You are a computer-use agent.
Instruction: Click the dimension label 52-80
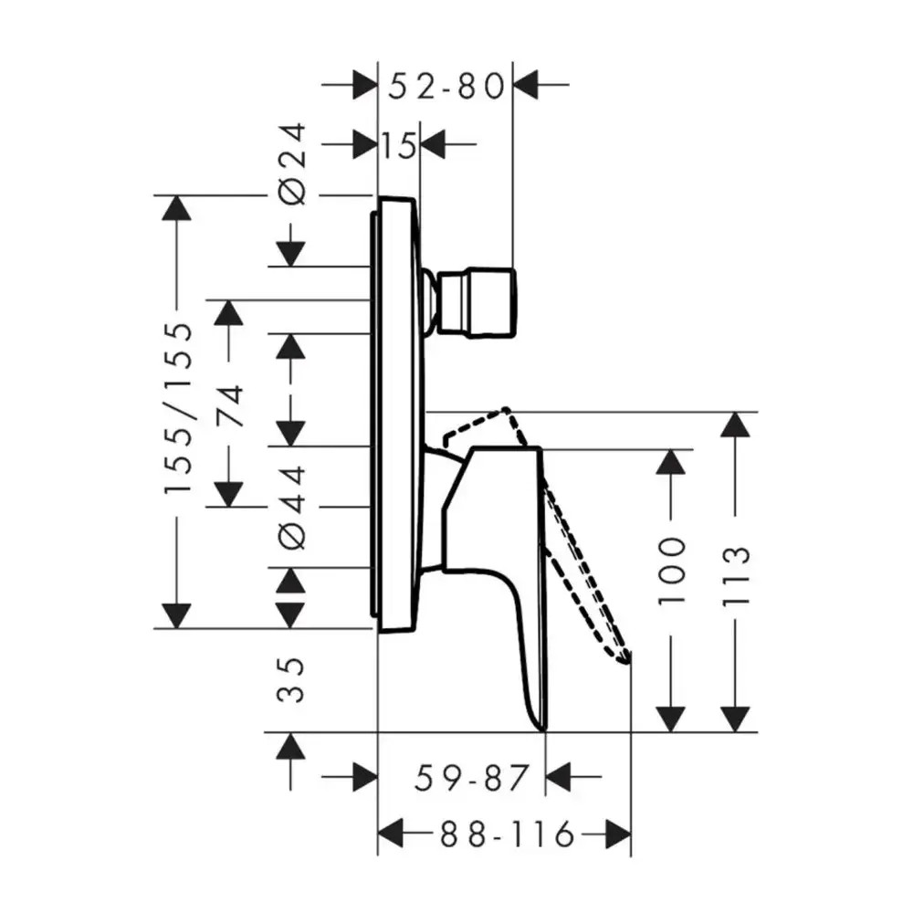446,86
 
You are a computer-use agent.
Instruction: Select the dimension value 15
399,144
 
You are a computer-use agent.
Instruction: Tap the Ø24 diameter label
292,163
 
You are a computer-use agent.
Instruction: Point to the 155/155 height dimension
178,408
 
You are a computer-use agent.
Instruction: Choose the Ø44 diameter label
292,507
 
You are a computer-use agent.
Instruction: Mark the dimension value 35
291,679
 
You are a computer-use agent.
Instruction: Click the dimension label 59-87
472,778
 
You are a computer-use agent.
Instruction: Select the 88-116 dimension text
507,835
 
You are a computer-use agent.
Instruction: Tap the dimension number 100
671,571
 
